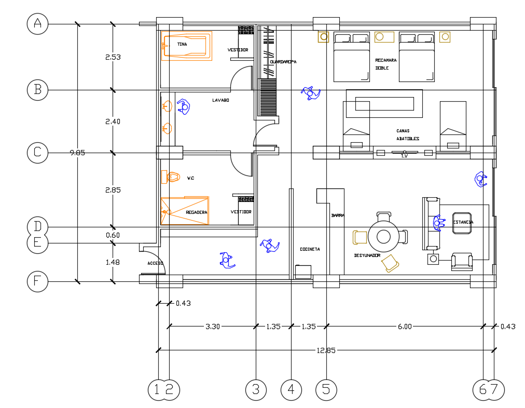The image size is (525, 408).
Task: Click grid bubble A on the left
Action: point(37,24)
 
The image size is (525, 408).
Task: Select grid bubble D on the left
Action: point(37,227)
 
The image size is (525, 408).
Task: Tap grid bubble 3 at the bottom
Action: point(256,390)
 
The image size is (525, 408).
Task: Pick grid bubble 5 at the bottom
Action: point(326,390)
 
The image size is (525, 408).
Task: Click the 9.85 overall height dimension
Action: point(77,153)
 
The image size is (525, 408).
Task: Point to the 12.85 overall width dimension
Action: point(326,350)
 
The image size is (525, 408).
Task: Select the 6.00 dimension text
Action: point(405,327)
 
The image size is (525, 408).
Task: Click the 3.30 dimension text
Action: point(213,327)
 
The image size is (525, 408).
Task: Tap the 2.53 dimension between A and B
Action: point(113,57)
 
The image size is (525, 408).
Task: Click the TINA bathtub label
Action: point(182,45)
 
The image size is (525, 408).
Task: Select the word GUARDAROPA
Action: point(283,62)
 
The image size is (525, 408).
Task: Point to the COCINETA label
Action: point(310,249)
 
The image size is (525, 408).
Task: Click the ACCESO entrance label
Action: point(155,263)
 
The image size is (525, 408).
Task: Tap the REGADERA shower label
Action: point(196,212)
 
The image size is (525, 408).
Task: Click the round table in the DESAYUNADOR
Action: point(383,237)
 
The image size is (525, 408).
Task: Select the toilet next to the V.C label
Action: point(171,178)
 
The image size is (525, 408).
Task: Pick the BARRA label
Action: point(338,215)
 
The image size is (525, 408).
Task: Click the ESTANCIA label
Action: point(463,222)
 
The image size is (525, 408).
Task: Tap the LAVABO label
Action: point(220,100)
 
